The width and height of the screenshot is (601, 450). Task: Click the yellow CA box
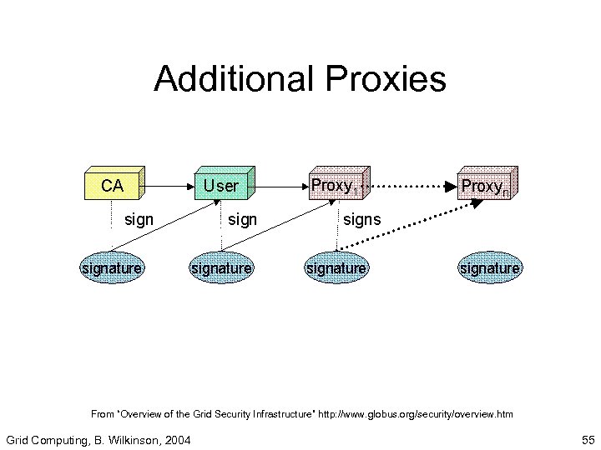coord(113,185)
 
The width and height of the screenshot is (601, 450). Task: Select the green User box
coord(221,185)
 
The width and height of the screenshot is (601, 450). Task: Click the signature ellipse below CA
coord(111,267)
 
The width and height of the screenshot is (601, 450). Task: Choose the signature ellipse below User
coord(221,267)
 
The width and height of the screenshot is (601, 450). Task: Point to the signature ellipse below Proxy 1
coord(336,267)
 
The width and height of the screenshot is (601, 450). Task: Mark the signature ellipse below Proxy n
coord(489,267)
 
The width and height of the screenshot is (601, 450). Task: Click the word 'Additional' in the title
coord(230,80)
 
